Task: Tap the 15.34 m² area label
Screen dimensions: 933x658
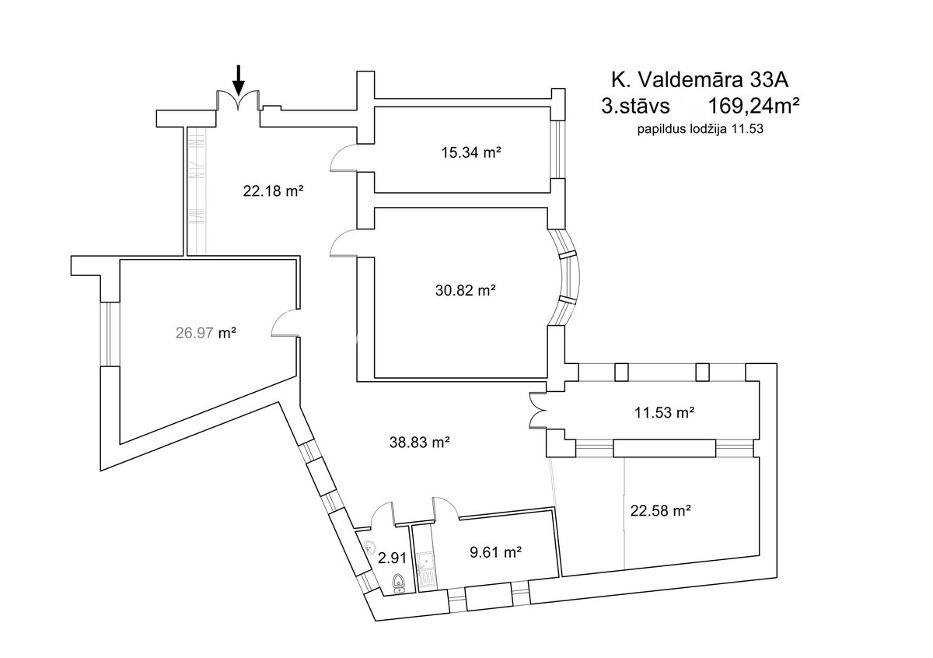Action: pos(470,152)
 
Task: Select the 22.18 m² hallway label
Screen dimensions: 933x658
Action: pos(273,191)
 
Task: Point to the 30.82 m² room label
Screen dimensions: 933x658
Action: pos(465,290)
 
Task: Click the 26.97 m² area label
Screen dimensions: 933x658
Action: pos(206,333)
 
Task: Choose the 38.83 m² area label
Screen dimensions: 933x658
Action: pos(419,442)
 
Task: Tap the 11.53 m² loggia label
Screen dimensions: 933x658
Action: pos(664,412)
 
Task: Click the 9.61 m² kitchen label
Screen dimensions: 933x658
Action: pos(496,552)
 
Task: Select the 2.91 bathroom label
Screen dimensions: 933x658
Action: pos(392,558)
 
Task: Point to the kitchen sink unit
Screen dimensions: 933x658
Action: pos(427,570)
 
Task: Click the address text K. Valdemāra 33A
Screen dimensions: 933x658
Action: pos(700,79)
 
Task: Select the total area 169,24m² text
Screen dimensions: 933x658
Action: pos(754,106)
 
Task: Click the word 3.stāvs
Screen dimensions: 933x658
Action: pos(635,106)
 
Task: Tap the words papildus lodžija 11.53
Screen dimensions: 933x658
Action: pos(701,129)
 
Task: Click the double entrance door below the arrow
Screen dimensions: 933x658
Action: pos(238,100)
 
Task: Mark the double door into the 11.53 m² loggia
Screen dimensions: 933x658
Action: pos(538,410)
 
